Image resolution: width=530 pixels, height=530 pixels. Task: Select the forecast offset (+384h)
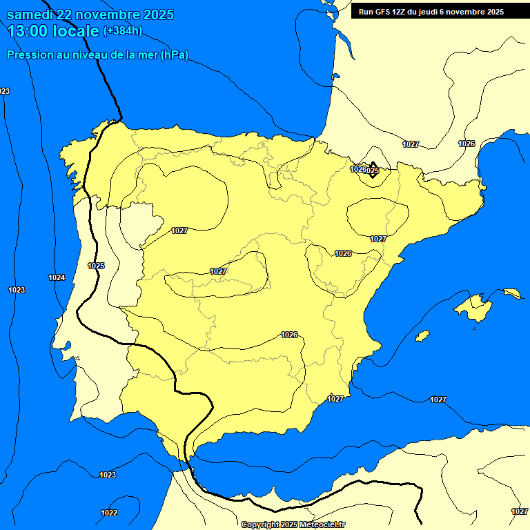[122, 31]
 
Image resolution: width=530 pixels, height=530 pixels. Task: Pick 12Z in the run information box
[402, 12]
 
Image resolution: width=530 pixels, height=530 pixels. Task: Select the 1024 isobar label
[57, 277]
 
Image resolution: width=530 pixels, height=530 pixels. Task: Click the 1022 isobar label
[109, 513]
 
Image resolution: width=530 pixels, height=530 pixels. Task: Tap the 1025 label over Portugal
[96, 266]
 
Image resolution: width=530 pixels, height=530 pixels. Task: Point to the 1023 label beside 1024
[17, 290]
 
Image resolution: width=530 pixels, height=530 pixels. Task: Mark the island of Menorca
[512, 293]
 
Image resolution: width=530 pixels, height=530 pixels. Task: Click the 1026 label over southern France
[467, 144]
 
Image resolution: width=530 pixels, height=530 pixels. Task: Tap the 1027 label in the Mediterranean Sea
[438, 400]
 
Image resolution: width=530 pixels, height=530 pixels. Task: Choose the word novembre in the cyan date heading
[107, 14]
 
